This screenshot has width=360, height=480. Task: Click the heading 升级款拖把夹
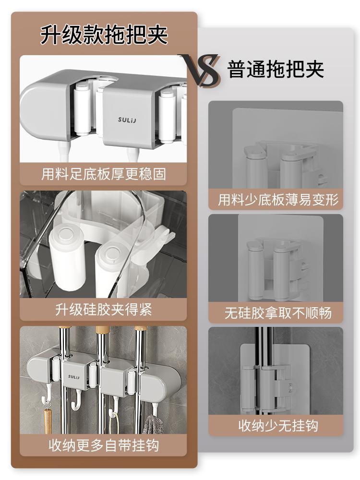[x=104, y=35]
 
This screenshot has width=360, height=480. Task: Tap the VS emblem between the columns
[x=201, y=70]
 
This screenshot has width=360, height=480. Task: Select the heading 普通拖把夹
[x=276, y=69]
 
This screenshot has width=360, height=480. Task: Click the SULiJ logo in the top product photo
[x=127, y=120]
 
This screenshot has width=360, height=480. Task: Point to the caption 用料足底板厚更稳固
[x=104, y=174]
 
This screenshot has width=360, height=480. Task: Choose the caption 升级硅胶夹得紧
[x=104, y=310]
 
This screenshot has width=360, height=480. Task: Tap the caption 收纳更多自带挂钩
[x=104, y=445]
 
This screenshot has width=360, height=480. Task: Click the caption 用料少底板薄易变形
[x=278, y=200]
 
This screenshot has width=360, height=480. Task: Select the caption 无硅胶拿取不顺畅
[x=278, y=313]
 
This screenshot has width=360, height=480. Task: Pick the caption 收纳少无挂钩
[x=278, y=426]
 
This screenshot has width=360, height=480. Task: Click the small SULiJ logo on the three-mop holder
[x=73, y=376]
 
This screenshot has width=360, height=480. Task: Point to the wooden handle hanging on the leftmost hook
[x=47, y=421]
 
